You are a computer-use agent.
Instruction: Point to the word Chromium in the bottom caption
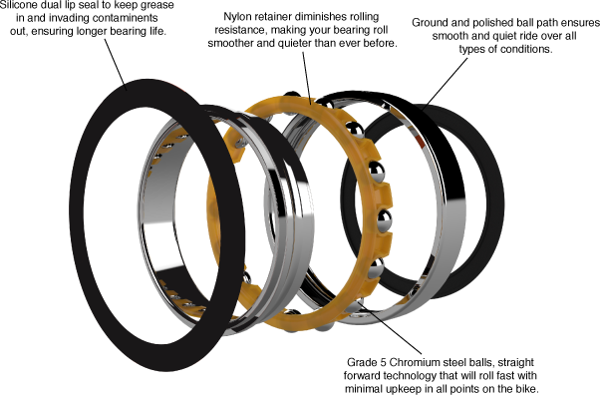[x=415, y=362]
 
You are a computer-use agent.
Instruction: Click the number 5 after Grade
[x=383, y=362]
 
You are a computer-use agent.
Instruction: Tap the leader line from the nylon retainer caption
[x=306, y=78]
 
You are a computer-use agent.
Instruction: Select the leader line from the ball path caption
[x=446, y=84]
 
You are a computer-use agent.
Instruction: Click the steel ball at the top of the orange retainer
[x=292, y=95]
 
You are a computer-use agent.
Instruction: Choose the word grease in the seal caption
[x=158, y=6]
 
